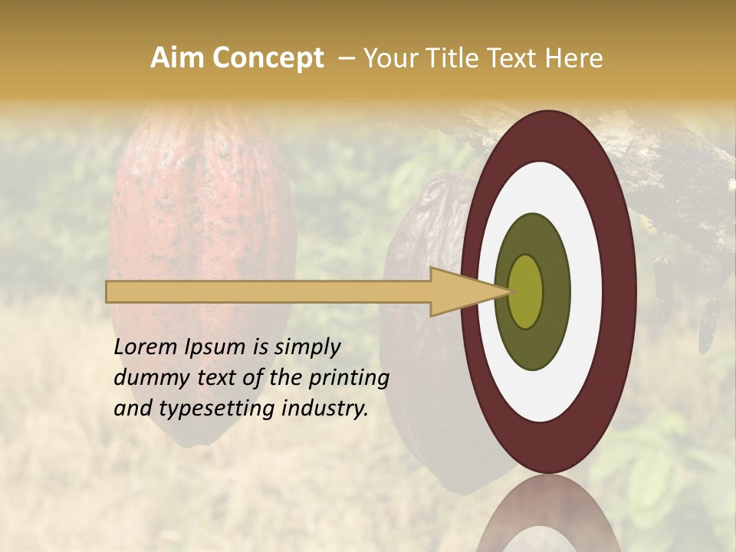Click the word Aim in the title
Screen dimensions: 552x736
pos(178,58)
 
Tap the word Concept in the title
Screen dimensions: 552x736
pos(268,58)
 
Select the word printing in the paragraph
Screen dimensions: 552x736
pos(349,378)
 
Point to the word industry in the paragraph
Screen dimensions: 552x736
pos(330,409)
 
